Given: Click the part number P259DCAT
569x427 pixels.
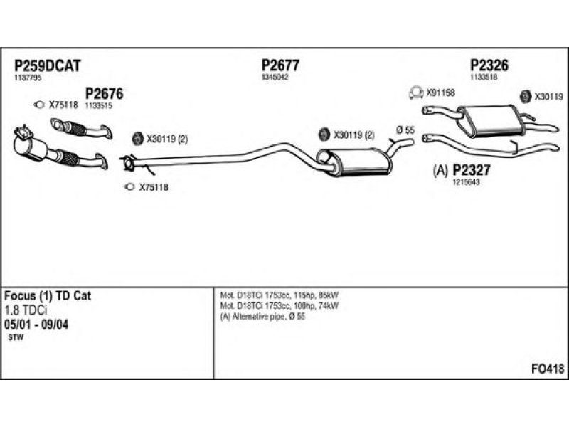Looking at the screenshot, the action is tap(47, 66).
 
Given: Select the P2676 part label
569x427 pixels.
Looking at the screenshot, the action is tap(104, 94).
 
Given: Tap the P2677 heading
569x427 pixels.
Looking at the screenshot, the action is tap(280, 65).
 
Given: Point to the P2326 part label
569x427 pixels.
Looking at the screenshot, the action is tap(489, 65).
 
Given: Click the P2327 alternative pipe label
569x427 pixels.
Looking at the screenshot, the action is tap(471, 169).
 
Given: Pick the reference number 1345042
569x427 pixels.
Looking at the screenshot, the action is tap(275, 78).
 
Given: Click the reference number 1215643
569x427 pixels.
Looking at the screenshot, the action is tap(466, 182).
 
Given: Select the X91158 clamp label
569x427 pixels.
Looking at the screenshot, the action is tap(440, 93).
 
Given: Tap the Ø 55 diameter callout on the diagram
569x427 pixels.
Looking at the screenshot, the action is tap(405, 130).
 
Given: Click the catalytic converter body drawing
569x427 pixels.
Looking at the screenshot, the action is tap(30, 146).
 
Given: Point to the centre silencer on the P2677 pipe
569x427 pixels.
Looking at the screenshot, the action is tap(354, 162).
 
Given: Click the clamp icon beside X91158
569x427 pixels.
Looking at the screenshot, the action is tap(416, 93).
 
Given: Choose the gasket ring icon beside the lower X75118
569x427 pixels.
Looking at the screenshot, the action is tap(129, 187).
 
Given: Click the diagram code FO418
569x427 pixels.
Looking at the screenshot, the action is tap(548, 369).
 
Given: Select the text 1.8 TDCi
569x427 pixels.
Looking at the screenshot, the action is tap(26, 310).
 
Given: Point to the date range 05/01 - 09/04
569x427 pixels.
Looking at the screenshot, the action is tap(36, 325).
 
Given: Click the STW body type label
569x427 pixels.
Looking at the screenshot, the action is tap(15, 337).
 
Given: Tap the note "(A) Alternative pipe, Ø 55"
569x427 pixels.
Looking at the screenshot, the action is tap(262, 317).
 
